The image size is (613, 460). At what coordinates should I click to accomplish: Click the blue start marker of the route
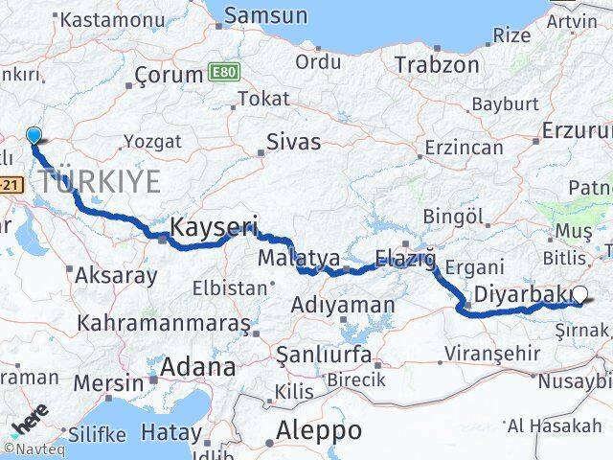[34, 136]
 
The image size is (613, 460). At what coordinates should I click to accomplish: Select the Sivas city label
[294, 143]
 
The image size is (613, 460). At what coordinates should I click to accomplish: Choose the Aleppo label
[318, 430]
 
